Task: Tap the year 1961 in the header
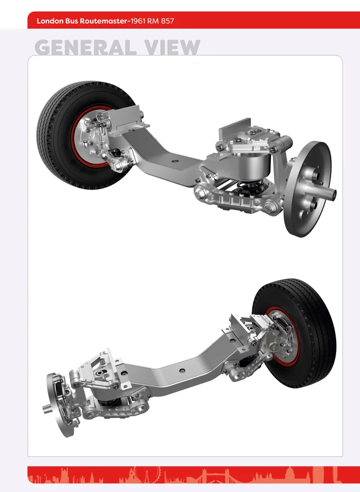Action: click(138, 21)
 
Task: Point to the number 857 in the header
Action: click(167, 21)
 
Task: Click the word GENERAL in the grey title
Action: click(85, 48)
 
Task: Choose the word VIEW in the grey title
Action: click(172, 48)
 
